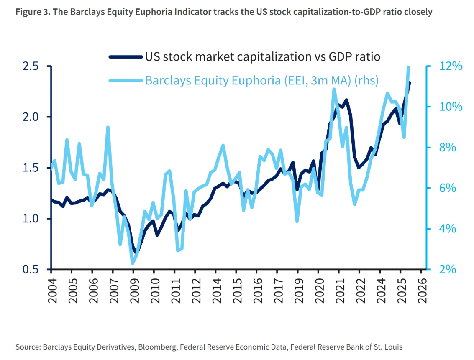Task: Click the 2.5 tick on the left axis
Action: [30, 66]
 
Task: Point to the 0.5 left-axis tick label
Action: [30, 269]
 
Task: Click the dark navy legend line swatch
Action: [126, 56]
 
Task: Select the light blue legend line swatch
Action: [126, 80]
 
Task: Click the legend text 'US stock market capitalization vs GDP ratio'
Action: [262, 56]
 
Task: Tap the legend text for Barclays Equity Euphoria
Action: [261, 80]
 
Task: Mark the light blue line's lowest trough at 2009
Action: [133, 263]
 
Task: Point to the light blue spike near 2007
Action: [108, 127]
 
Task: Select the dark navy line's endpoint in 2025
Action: [410, 83]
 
